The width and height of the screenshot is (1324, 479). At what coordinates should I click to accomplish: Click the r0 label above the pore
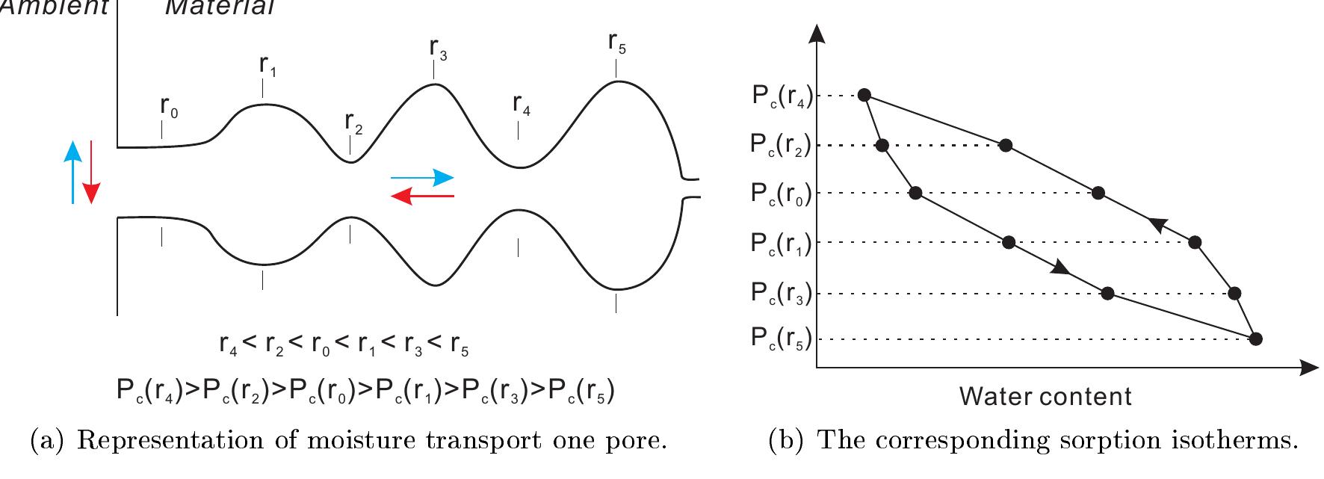point(169,107)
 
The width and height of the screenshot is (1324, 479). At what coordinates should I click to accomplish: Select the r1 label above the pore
point(268,66)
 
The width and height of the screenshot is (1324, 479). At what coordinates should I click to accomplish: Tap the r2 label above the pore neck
point(353,123)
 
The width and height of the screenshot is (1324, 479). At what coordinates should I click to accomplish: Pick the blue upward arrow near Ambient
point(72,172)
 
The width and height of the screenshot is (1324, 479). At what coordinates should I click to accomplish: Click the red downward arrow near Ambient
point(90,172)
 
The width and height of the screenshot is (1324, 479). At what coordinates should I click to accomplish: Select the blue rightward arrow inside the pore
point(423,178)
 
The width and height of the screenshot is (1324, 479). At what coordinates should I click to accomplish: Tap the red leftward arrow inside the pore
point(423,196)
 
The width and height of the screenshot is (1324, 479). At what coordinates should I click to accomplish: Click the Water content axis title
point(1045,396)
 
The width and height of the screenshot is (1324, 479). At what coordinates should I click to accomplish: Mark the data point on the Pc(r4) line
point(864,95)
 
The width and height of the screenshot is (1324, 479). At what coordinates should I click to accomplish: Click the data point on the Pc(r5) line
point(1256,339)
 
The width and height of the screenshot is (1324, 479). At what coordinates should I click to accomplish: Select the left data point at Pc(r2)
point(882,145)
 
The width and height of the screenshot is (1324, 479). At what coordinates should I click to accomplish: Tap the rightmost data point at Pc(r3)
point(1234,293)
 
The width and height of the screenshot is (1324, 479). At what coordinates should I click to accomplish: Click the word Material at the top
point(220,7)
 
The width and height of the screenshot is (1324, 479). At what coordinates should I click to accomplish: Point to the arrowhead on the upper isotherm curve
point(1157,223)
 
